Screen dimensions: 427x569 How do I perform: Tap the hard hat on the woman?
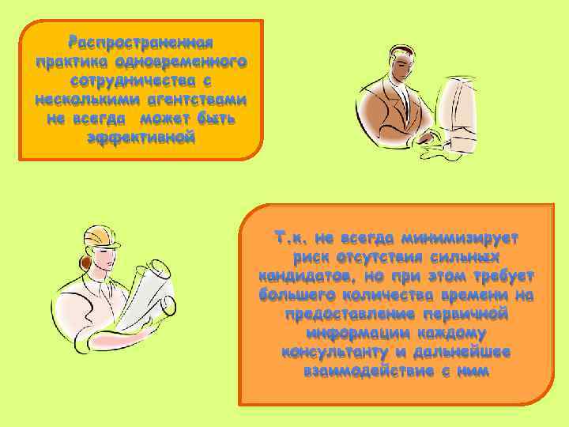[x=101, y=234]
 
